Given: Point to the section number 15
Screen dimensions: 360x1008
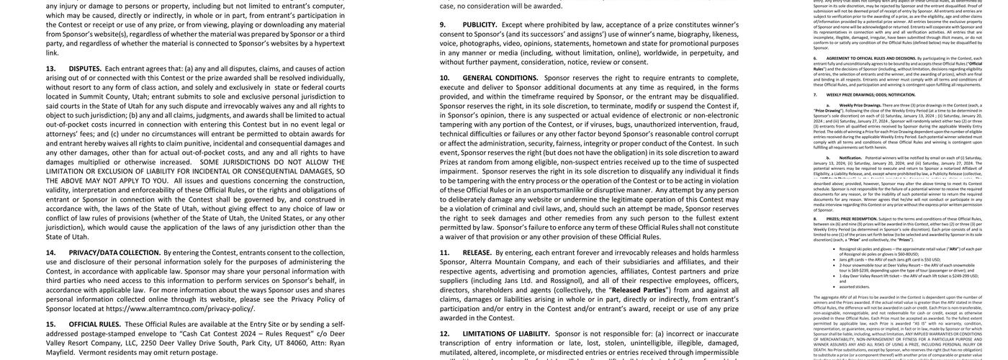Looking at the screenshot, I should tap(51, 324).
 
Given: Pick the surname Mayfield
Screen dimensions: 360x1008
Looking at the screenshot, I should tap(60, 352).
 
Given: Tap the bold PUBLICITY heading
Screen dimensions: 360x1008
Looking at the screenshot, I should tap(480, 24).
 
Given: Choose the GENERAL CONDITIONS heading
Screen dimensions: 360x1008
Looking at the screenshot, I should tap(500, 78).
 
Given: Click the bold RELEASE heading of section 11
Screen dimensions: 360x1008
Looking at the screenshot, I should tap(477, 253).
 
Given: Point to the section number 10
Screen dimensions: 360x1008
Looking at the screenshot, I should tap(445, 78).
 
